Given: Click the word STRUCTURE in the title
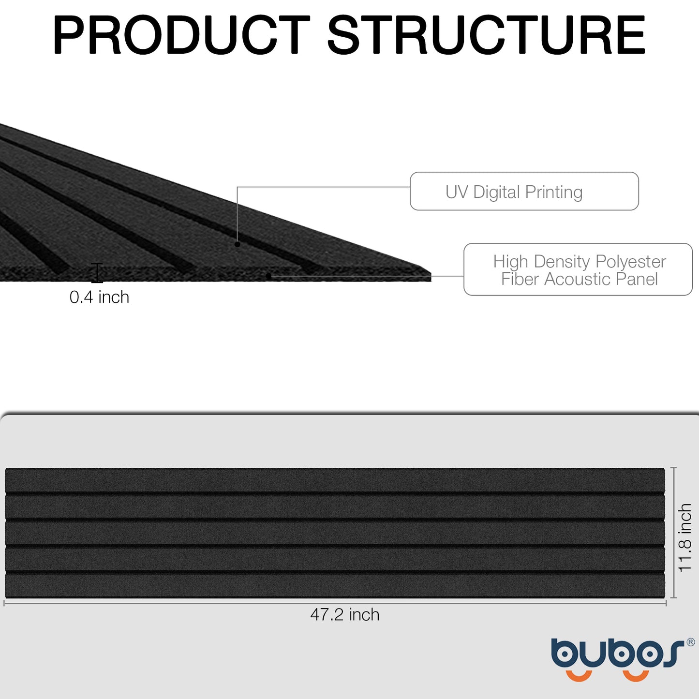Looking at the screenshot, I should tap(486, 35).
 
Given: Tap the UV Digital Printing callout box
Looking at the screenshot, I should tap(524, 192).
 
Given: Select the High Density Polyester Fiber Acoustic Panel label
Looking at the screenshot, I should tap(578, 269).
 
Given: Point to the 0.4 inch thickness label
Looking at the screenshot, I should tap(99, 297).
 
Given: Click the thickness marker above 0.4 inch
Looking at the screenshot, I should tap(97, 273).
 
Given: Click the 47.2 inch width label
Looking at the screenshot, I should tap(344, 615).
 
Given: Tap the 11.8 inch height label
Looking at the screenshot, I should tap(685, 537).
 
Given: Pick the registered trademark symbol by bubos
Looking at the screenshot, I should tap(690, 642).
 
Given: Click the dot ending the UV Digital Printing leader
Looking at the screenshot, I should tap(238, 244).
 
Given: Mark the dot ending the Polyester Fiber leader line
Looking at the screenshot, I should tap(268, 276).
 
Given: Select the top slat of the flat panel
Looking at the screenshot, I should tap(335, 480).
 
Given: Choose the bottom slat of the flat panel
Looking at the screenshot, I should tap(335, 585).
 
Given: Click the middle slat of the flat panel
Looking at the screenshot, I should tap(335, 533).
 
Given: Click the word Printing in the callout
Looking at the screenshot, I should tap(554, 192).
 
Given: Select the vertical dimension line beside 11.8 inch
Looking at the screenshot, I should tap(674, 533).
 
